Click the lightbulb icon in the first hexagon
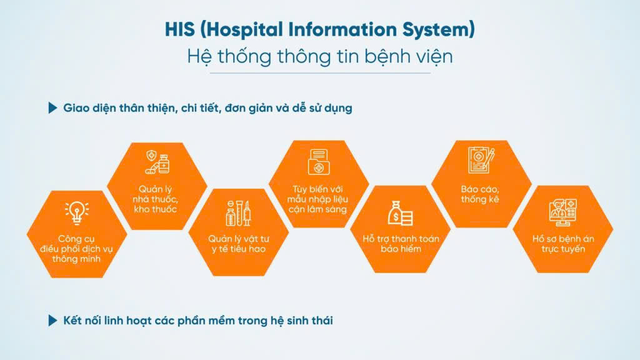(x=77, y=213)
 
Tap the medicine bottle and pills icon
(x=157, y=162)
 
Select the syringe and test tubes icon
(x=238, y=213)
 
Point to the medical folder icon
(x=319, y=162)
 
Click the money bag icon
(x=400, y=213)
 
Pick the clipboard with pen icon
(x=481, y=160)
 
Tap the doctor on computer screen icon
(x=563, y=212)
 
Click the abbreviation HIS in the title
(x=179, y=29)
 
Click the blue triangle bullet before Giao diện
(x=52, y=107)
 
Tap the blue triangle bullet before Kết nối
(x=52, y=321)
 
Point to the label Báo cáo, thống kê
(x=480, y=194)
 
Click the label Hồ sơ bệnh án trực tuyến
(x=563, y=244)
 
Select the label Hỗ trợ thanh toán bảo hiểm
(x=401, y=244)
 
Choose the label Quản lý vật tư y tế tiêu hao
(x=239, y=244)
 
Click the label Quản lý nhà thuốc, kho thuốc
(x=155, y=199)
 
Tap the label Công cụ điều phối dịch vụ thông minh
(x=76, y=249)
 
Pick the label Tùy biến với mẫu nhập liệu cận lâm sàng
(x=317, y=199)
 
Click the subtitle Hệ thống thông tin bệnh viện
(x=320, y=56)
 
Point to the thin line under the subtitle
(x=320, y=74)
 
